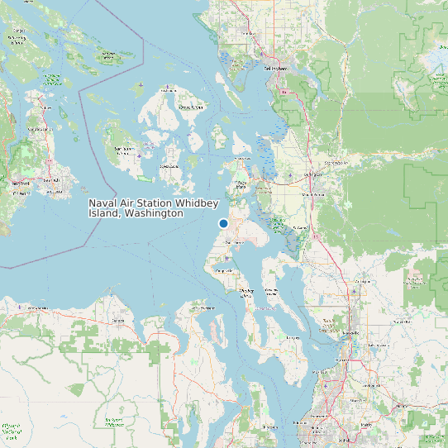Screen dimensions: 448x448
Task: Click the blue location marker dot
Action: [x=223, y=224]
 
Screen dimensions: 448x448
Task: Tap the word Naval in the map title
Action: [x=104, y=203]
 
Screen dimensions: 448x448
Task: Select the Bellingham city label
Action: [x=275, y=69]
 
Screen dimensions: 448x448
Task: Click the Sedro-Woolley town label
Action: [x=336, y=163]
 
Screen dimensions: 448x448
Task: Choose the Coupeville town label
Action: [x=223, y=270]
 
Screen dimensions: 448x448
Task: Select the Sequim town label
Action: [x=121, y=320]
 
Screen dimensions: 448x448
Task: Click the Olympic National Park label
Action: [x=12, y=429]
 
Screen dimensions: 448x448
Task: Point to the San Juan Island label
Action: [x=123, y=150]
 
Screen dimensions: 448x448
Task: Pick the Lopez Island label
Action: [x=169, y=166]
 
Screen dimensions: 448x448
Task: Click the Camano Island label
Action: [x=270, y=291]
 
